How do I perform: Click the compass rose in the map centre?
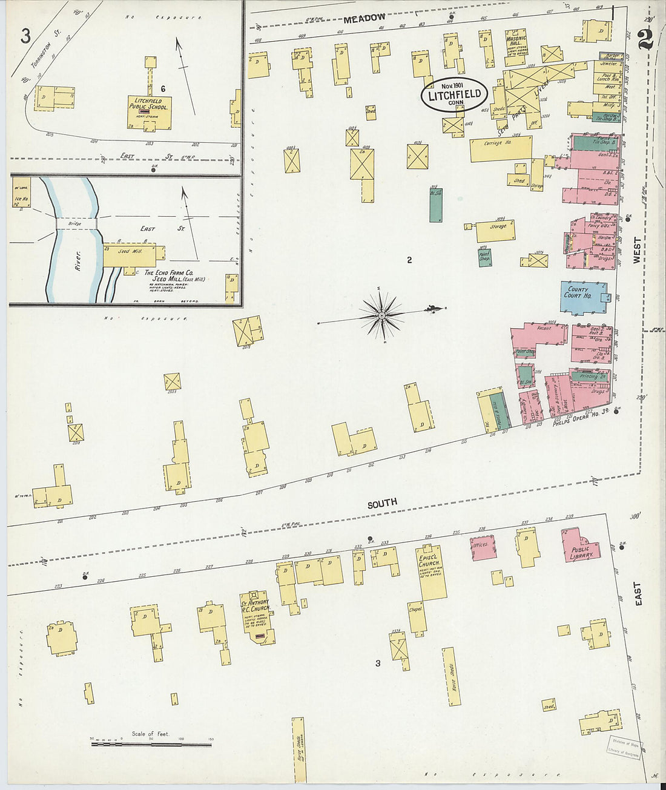click(x=383, y=315)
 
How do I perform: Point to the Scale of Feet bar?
click(x=151, y=742)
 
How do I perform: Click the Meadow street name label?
click(x=364, y=19)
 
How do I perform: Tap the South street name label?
click(x=382, y=502)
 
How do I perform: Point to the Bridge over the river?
click(x=76, y=223)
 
